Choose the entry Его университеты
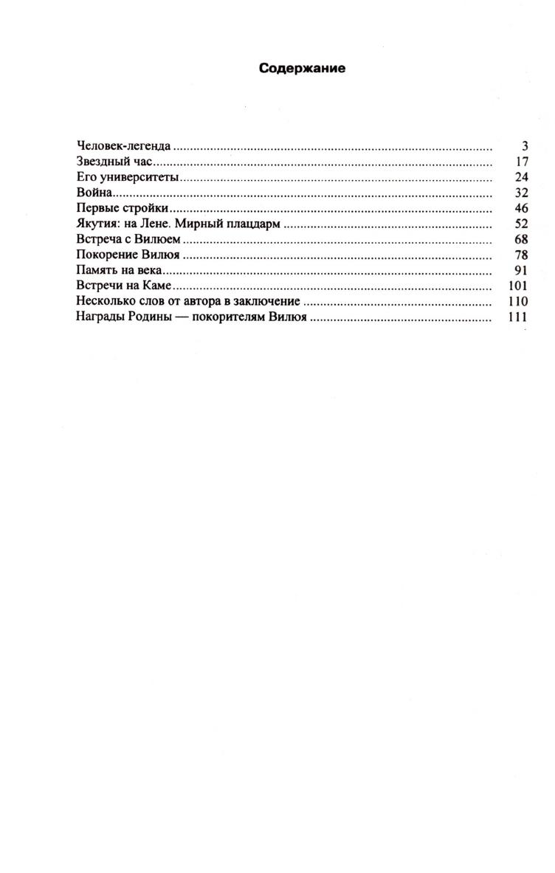tap(128, 178)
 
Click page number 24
tap(521, 178)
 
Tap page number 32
tap(521, 193)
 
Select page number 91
tap(521, 271)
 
